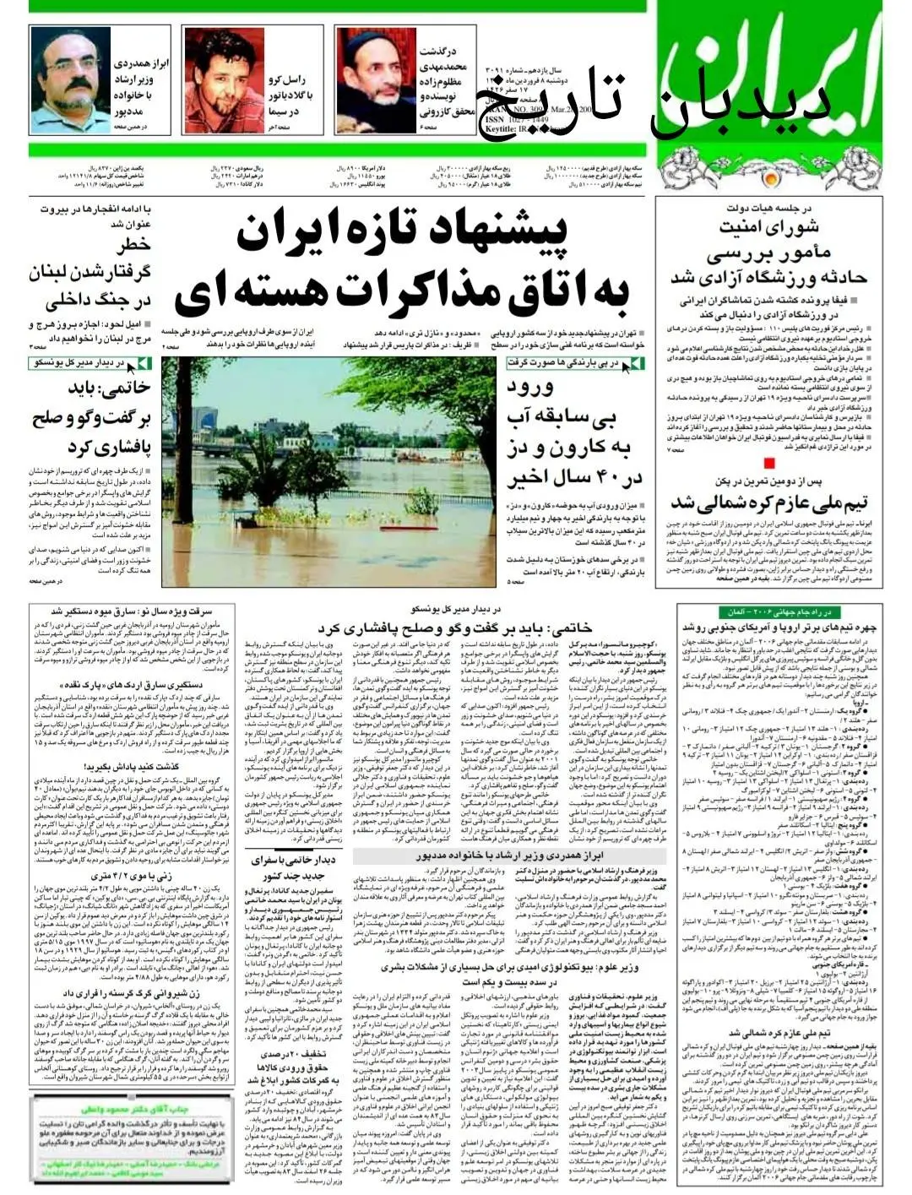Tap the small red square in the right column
click(768, 462)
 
